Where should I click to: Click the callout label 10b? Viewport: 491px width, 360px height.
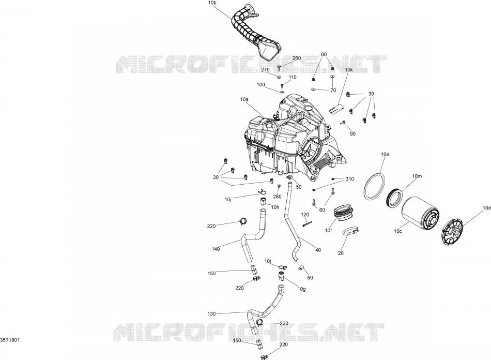pos(212,3)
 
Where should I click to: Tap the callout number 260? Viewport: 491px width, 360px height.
pos(297,58)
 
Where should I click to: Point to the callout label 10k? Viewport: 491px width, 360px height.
pos(349,70)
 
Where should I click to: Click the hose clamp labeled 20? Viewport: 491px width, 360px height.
pos(350,232)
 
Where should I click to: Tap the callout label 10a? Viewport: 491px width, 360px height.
pos(244,100)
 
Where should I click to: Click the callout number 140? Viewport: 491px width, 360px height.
pos(216,249)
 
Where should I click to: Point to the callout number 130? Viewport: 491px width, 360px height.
pos(212,313)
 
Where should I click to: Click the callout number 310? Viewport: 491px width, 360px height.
pos(350,179)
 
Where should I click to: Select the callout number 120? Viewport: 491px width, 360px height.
pos(305,215)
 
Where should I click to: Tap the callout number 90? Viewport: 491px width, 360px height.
pos(353,134)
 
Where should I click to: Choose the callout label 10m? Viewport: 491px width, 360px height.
pos(417,176)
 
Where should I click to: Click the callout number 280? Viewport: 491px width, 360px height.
pos(277,197)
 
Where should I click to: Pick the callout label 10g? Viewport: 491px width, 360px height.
pos(301,289)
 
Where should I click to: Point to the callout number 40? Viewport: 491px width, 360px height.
pos(318,250)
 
